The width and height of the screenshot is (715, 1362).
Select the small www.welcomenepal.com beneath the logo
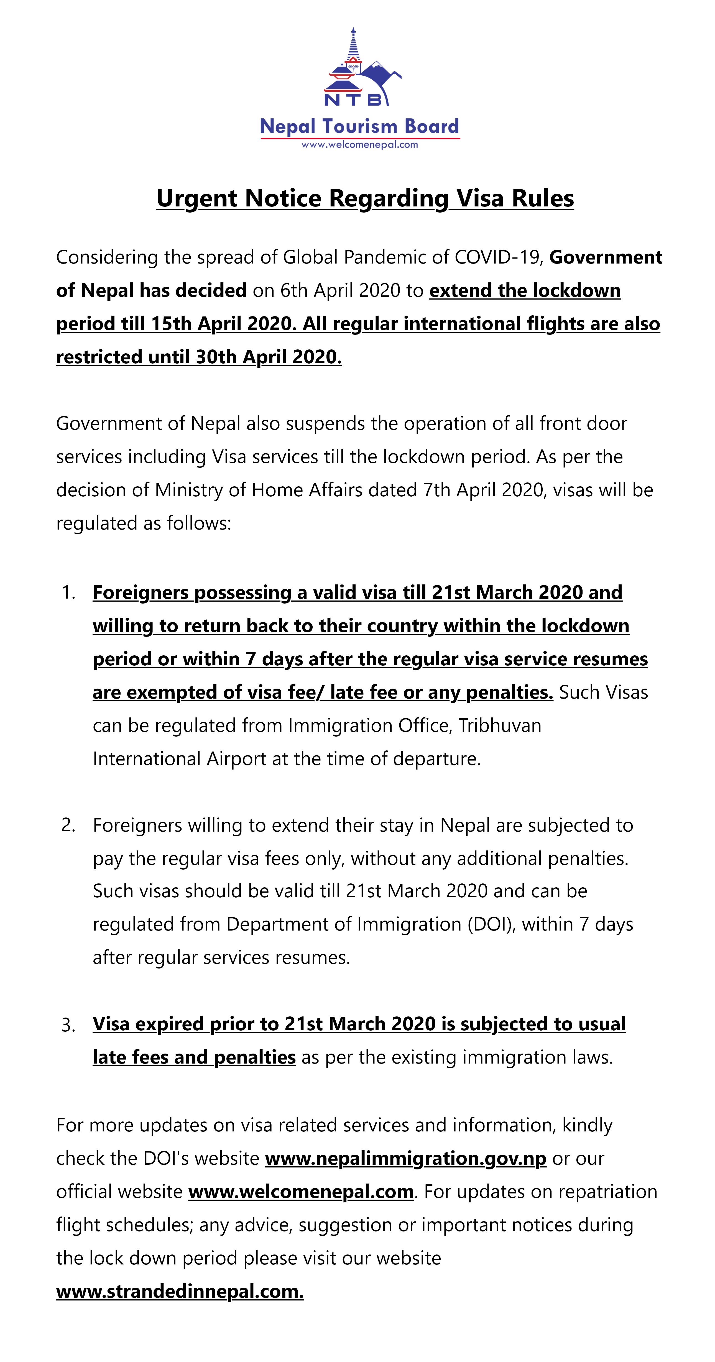coord(360,144)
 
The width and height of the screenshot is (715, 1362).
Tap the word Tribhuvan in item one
coord(500,725)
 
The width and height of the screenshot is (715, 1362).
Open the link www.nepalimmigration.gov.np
coord(406,1158)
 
